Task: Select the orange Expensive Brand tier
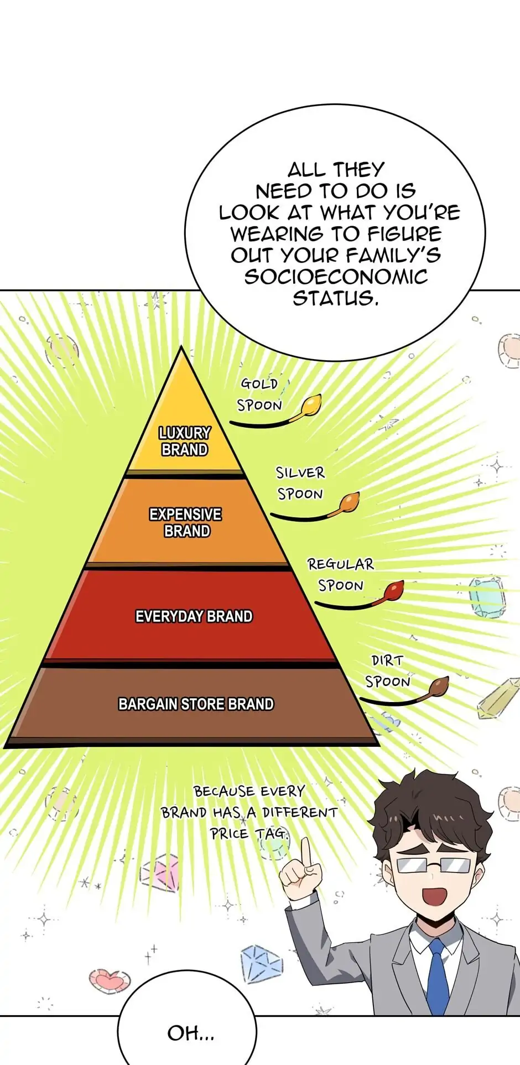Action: pos(187,522)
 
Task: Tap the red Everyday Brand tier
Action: pos(191,616)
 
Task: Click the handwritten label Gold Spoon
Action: pos(259,394)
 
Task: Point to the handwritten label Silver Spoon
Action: pos(300,483)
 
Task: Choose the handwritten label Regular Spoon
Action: pos(341,574)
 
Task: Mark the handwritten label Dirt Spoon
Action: pos(387,671)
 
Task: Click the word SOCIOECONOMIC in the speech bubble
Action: pos(336,277)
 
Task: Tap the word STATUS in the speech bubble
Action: pos(335,298)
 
